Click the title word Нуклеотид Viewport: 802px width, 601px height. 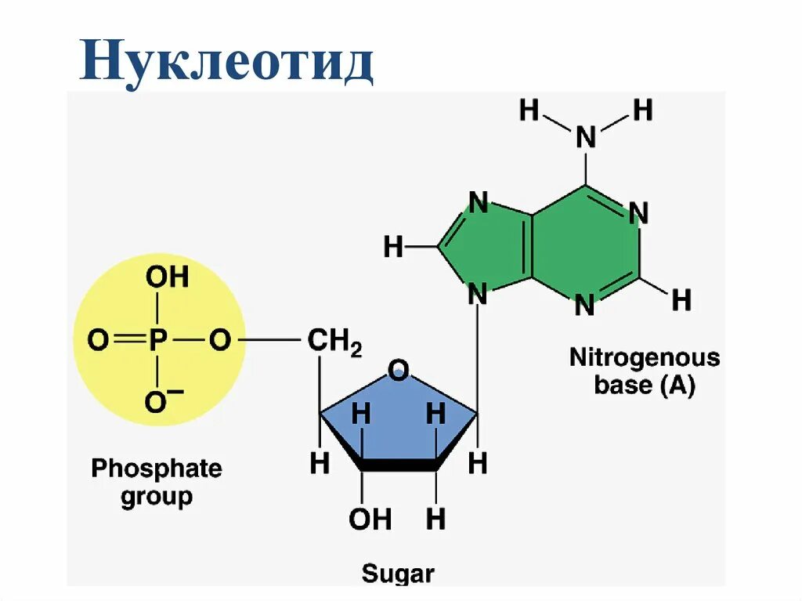226,63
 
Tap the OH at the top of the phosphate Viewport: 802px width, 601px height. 167,277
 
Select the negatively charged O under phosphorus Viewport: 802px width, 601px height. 160,402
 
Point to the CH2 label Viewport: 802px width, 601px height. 334,342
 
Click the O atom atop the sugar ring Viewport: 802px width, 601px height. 399,370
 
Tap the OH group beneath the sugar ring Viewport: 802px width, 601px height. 369,519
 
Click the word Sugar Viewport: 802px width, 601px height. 397,574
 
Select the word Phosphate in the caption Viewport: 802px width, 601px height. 157,469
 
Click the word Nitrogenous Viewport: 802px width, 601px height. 644,358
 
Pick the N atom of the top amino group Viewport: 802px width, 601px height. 586,138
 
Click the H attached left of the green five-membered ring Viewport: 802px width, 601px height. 393,248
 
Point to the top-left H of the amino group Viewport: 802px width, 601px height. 529,111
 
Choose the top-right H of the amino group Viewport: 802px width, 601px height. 642,110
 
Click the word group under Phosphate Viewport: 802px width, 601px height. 157,497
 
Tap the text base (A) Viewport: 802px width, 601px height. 644,386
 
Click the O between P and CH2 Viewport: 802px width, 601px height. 220,341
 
